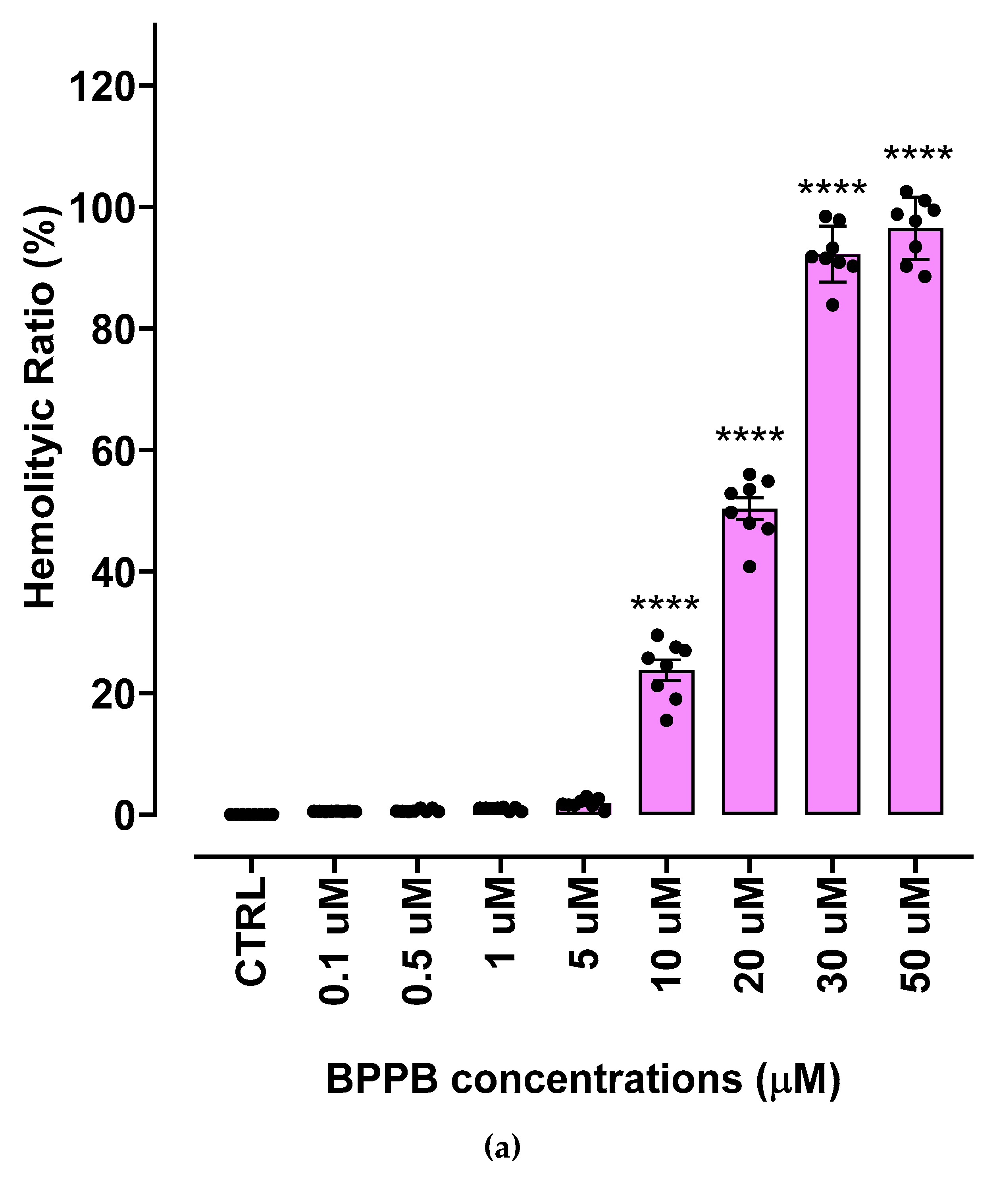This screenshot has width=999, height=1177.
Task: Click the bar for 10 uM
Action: (x=666, y=753)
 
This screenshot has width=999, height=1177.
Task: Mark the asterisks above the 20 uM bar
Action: (x=750, y=436)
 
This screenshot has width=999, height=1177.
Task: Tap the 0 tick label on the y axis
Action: (x=125, y=817)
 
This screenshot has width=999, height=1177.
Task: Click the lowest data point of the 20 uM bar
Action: (x=749, y=567)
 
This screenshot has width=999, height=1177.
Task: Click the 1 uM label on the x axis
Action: (x=500, y=923)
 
